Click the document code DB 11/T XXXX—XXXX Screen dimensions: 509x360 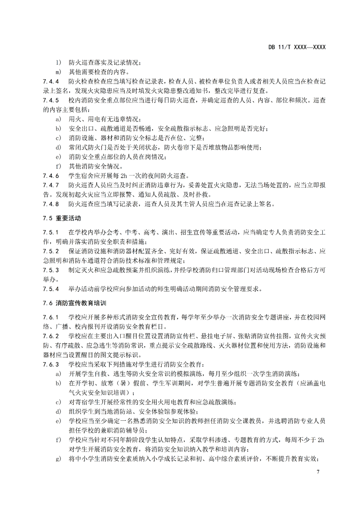tap(297, 47)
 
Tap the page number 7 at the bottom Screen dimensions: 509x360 tap(318, 472)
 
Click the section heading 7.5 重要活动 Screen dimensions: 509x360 tap(62, 218)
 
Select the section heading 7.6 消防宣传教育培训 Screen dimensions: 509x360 tap(75, 303)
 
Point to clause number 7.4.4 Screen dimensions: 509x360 tap(51, 81)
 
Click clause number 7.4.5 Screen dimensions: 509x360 tap(51, 100)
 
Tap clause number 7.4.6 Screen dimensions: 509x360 tap(51, 176)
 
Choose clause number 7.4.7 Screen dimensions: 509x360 tap(51, 185)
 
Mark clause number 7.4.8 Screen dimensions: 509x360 tap(51, 204)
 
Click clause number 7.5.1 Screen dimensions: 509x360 tap(51, 232)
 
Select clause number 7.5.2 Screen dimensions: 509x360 tap(51, 251)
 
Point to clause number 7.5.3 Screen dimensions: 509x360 tap(51, 270)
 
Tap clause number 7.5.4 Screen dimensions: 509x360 tap(51, 289)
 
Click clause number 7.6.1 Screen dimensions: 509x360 tap(51, 317)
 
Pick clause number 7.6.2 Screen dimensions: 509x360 tap(51, 336)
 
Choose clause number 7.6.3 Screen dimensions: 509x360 tap(51, 364)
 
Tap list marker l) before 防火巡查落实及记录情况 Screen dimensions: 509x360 tap(58, 62)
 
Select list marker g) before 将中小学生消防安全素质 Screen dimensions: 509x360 tap(58, 459)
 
